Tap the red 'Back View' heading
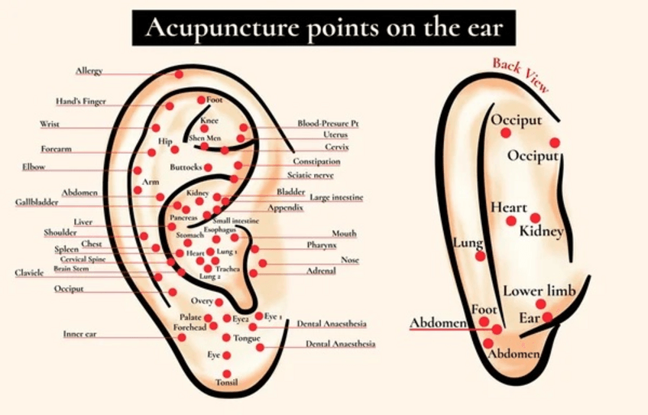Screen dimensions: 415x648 pyautogui.click(x=520, y=74)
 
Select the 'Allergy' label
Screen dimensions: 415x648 pyautogui.click(x=89, y=71)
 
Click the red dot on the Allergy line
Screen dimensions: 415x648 pyautogui.click(x=179, y=74)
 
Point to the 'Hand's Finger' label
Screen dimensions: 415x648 pyautogui.click(x=80, y=101)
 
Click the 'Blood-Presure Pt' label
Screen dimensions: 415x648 pyautogui.click(x=328, y=123)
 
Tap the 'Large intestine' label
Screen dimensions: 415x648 pyautogui.click(x=337, y=197)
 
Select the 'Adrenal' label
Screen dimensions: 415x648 pyautogui.click(x=321, y=271)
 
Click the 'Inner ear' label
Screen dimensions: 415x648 pyautogui.click(x=79, y=334)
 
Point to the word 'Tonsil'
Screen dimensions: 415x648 pyautogui.click(x=227, y=381)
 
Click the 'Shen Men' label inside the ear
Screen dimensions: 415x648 pyautogui.click(x=205, y=138)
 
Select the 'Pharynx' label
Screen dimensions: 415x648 pyautogui.click(x=322, y=245)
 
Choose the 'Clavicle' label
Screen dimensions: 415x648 pyautogui.click(x=30, y=272)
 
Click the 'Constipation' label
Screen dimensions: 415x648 pyautogui.click(x=316, y=161)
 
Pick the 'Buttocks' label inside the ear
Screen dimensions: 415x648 pyautogui.click(x=186, y=167)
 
